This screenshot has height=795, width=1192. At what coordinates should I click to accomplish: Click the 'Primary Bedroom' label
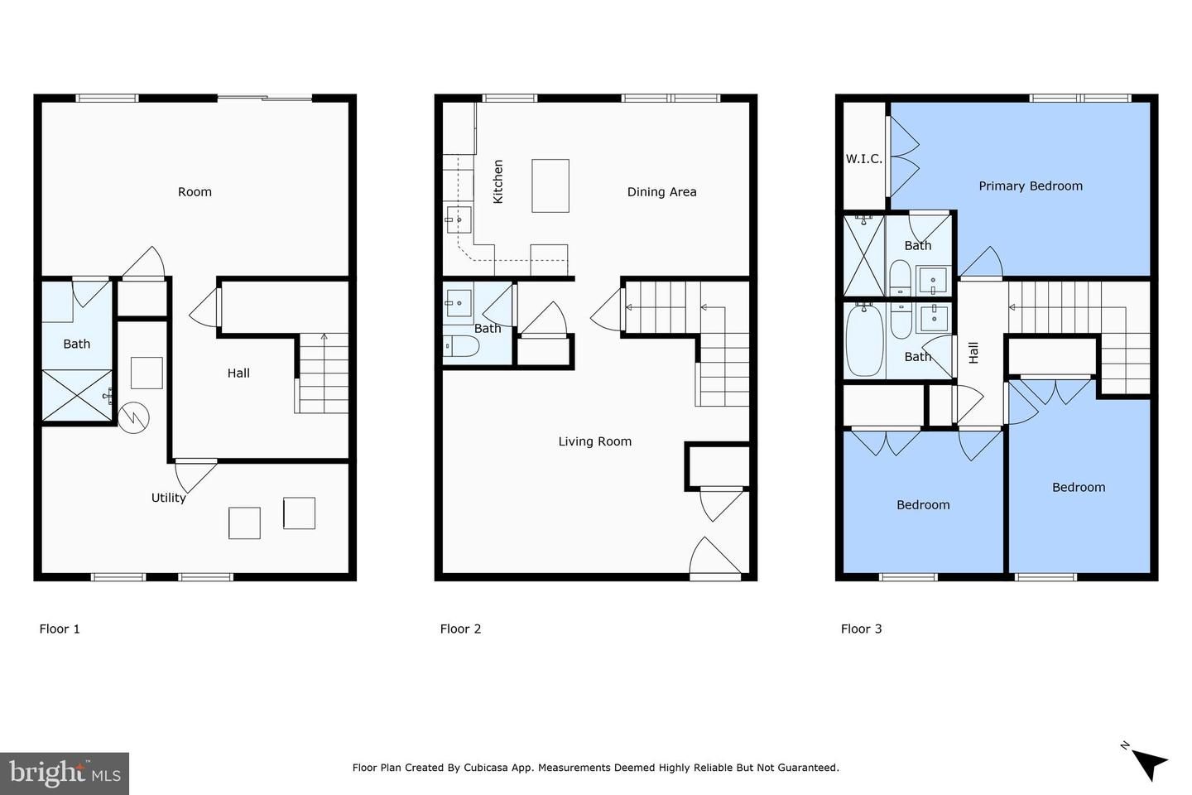coord(1031,186)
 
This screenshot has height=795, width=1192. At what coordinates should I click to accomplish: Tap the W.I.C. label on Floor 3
coord(863,159)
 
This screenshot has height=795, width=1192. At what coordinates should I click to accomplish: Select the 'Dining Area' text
coord(661,192)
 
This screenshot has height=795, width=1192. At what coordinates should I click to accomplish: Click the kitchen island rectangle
coord(550,185)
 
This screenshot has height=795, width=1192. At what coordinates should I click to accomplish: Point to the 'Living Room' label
coord(594,441)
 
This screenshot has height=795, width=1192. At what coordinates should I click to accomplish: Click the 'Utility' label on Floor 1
coord(168,498)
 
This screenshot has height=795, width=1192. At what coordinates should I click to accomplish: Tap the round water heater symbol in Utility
coord(133,417)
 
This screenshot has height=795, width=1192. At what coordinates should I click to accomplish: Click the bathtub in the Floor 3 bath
coord(865,340)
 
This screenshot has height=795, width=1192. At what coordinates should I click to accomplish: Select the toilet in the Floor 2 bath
coord(460,346)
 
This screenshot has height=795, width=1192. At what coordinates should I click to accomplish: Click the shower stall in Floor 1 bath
coord(77,396)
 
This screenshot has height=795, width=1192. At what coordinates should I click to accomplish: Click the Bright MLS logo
coord(65,773)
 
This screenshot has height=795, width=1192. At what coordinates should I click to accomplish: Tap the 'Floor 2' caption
coord(460,629)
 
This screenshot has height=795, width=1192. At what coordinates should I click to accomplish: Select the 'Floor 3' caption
coord(861,629)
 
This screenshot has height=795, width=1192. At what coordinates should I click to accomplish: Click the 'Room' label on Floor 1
coord(195,192)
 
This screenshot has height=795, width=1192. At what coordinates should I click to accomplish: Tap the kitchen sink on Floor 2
coord(459,219)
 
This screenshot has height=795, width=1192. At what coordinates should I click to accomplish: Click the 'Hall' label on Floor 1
coord(238,373)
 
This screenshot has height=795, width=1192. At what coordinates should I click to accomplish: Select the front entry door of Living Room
coord(715,558)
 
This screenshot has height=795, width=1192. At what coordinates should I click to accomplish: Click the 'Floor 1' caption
coord(60,629)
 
